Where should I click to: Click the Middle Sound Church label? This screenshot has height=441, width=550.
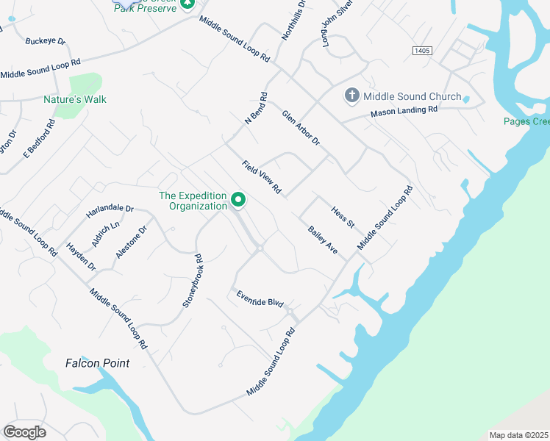413,96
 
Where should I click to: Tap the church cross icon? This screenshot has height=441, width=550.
351,96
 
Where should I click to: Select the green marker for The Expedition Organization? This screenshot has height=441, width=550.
238,199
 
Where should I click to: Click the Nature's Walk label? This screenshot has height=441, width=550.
75,99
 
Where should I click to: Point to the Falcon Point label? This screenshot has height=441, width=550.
97,363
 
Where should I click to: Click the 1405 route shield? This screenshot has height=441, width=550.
421,50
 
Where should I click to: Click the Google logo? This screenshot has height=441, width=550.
25,432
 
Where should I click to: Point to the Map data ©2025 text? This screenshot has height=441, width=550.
518,435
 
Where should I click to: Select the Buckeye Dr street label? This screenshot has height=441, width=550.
46,42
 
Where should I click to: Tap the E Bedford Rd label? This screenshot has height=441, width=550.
39,139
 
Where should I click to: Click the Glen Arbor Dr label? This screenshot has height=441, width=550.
301,127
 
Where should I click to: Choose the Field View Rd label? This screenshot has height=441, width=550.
262,177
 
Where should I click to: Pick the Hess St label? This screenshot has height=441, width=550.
343,216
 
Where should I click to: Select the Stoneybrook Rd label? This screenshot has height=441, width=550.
193,281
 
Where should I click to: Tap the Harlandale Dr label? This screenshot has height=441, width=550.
110,209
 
